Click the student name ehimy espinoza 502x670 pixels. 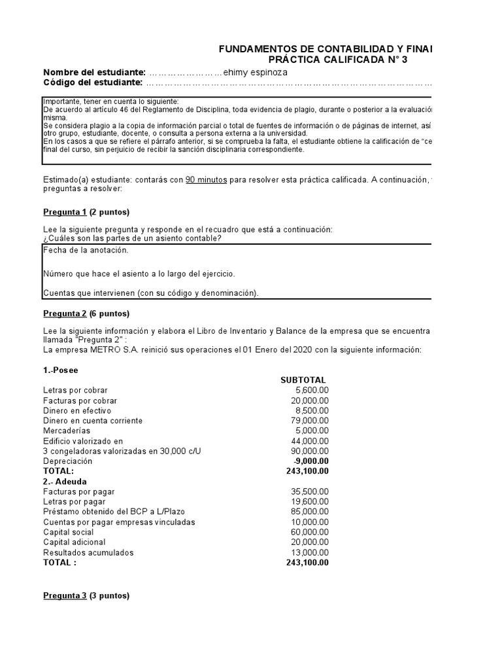[x=255, y=72]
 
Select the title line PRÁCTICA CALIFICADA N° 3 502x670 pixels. [x=342, y=60]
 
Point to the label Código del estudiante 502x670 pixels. [x=92, y=82]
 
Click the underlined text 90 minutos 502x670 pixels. [x=206, y=179]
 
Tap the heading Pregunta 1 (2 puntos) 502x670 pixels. [x=86, y=212]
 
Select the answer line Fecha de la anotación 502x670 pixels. [x=86, y=250]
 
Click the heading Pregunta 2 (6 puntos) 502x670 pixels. [x=86, y=313]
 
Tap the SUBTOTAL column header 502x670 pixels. [x=303, y=380]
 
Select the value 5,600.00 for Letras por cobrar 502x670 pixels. [x=312, y=390]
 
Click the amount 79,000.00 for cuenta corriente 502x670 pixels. [x=309, y=420]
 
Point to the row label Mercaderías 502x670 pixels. [x=68, y=431]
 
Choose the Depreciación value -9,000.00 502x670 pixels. [x=310, y=461]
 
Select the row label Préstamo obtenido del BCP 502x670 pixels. [x=98, y=512]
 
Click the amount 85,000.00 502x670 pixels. [x=309, y=512]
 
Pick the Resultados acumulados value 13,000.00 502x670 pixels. [x=309, y=552]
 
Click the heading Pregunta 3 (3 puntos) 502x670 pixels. [x=86, y=595]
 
